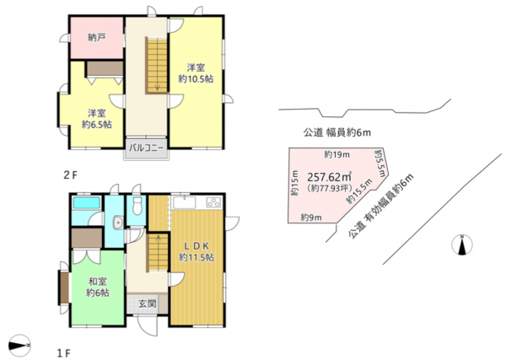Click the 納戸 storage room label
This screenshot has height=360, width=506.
tap(94, 38)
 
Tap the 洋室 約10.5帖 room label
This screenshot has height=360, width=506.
tap(196, 72)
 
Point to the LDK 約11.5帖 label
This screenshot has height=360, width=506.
tap(196, 250)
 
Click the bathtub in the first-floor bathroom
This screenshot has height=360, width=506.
tap(86, 204)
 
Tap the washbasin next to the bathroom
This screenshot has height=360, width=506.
tap(116, 223)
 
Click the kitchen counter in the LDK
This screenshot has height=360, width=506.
tap(196, 202)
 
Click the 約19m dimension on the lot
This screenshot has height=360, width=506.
tap(336, 154)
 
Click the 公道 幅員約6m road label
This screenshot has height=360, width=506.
tap(337, 132)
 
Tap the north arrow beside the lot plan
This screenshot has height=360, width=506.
tap(461, 245)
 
